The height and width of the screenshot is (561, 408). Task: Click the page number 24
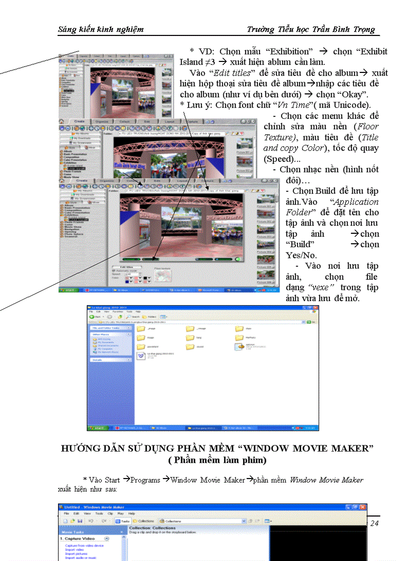(374, 523)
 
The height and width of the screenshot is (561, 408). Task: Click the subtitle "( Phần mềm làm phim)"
(217, 460)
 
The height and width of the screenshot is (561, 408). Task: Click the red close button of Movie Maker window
(362, 507)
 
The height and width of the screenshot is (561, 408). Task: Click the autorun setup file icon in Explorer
(238, 345)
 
